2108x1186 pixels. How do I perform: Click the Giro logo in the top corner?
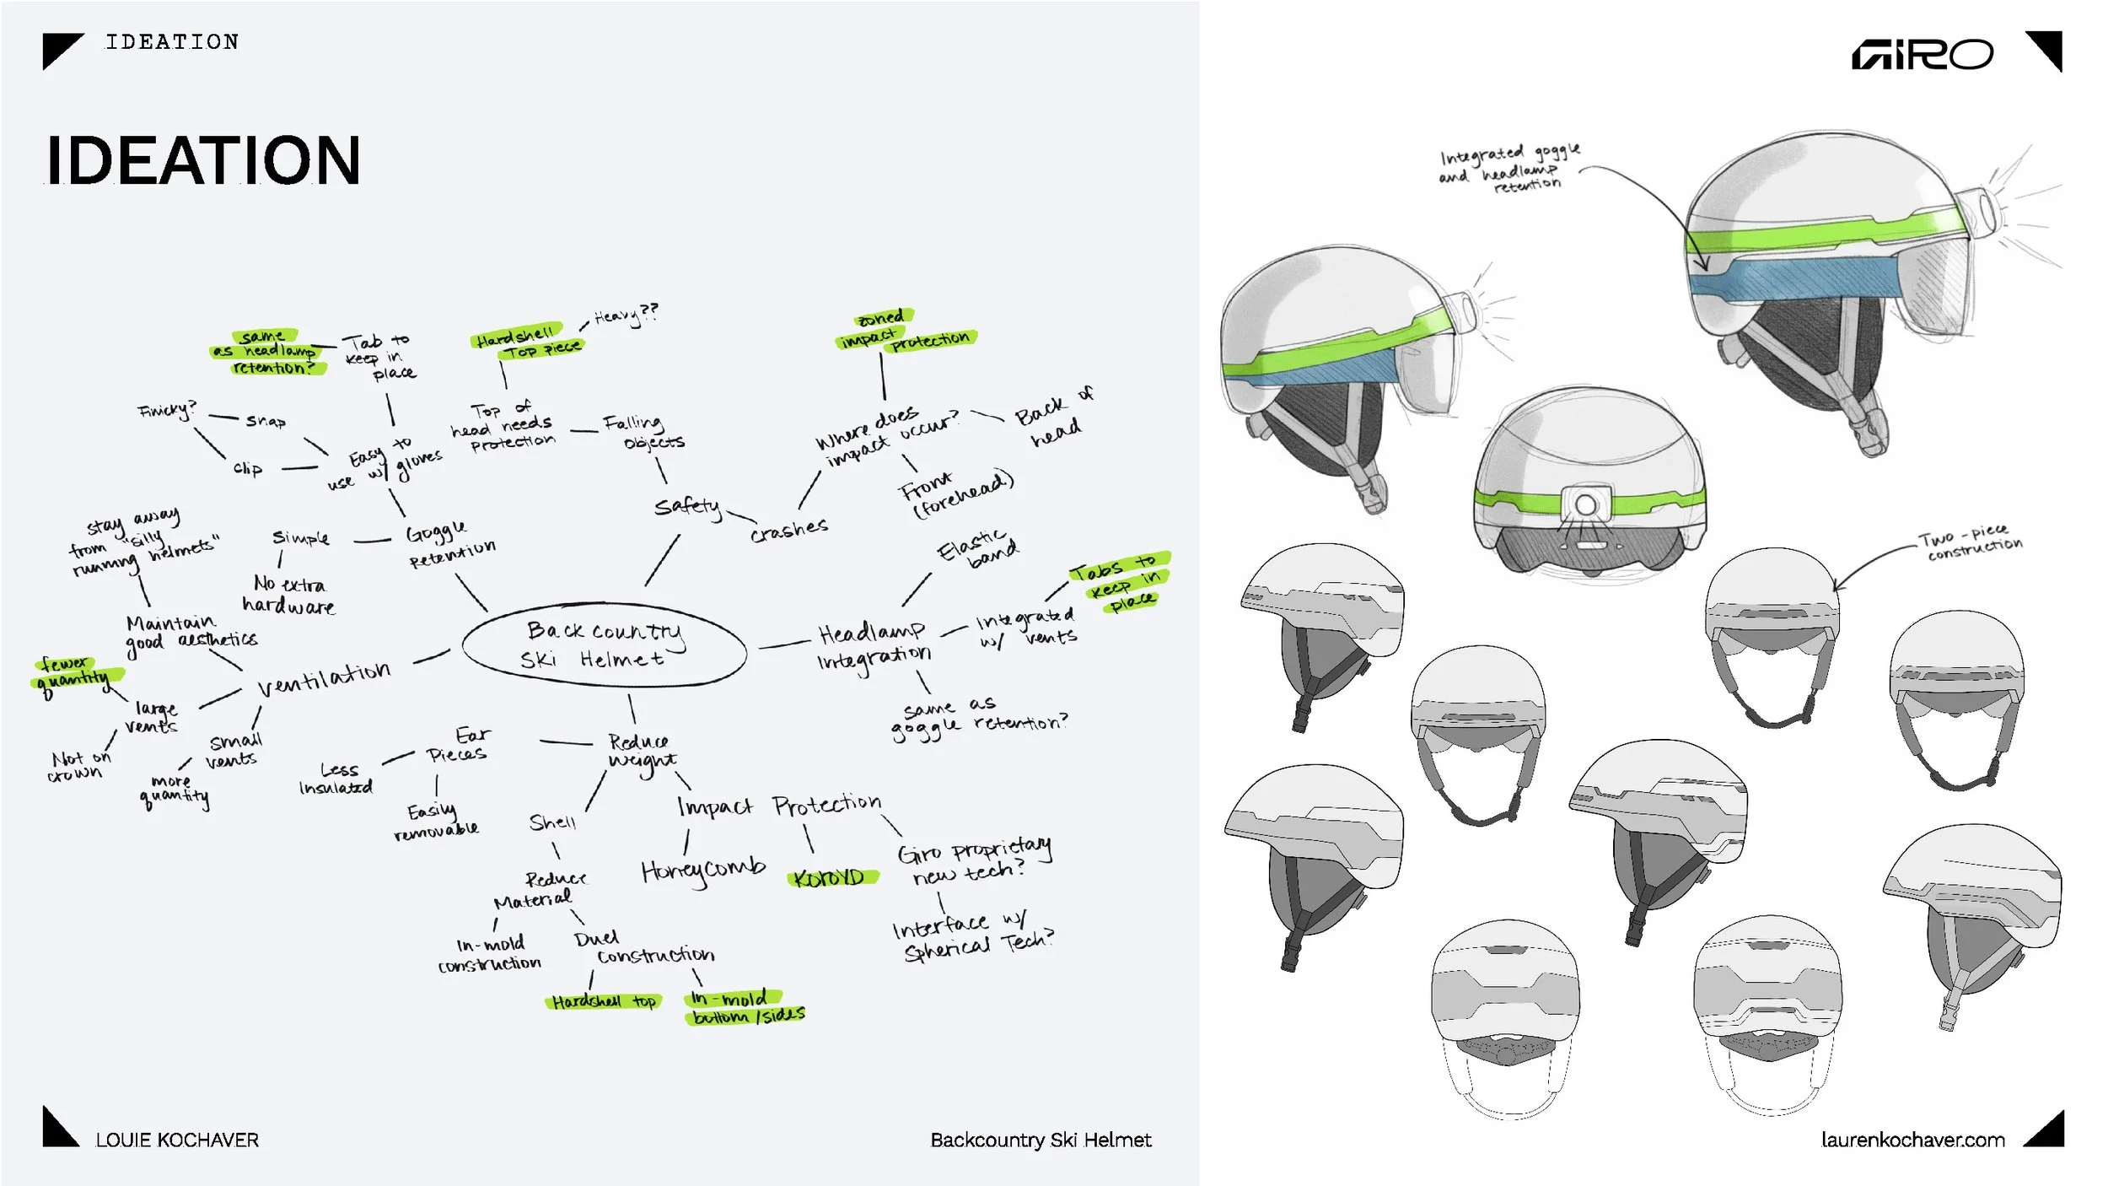1922,55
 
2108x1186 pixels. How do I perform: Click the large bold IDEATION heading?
203,160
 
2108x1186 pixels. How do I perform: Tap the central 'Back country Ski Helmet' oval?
604,645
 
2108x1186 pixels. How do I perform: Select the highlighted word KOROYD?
831,878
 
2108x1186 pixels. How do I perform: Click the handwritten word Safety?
687,506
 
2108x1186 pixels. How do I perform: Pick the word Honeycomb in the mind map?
702,870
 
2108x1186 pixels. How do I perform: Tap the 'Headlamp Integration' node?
874,645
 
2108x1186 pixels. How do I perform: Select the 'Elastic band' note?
978,548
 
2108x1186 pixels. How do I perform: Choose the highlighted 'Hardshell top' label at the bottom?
604,1001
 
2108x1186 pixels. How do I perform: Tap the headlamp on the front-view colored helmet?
1585,504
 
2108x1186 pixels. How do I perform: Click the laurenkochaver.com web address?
1912,1140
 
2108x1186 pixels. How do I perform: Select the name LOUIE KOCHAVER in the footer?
176,1140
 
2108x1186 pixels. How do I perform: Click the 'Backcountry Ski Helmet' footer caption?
1041,1140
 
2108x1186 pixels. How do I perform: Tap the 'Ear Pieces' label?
460,745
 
